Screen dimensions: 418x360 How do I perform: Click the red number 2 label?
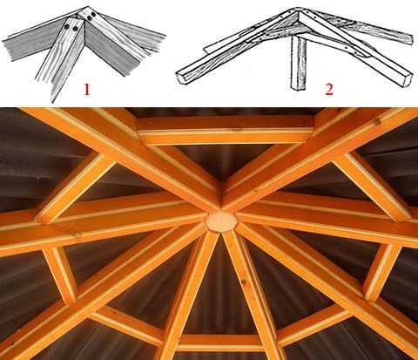329,89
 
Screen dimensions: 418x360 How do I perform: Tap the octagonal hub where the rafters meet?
220,221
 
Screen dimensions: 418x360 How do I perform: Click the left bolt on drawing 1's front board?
67,26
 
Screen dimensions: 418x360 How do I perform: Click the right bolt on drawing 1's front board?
75,29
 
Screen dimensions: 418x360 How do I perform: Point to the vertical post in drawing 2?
298,61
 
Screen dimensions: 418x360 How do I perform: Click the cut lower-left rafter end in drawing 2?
181,78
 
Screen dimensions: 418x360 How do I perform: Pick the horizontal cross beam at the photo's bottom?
219,343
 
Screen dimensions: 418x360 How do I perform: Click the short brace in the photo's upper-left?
76,188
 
